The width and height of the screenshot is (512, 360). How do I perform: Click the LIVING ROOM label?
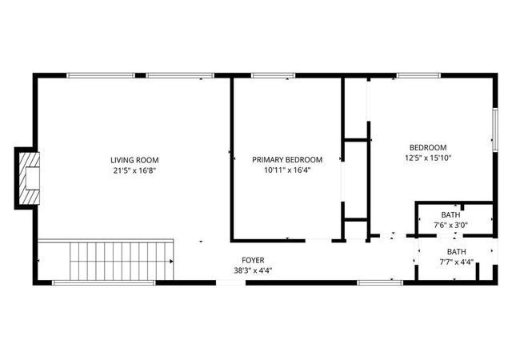pyautogui.click(x=132, y=160)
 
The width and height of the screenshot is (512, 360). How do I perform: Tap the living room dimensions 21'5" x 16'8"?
pyautogui.click(x=132, y=170)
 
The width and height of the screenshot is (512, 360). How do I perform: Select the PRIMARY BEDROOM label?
pyautogui.click(x=287, y=160)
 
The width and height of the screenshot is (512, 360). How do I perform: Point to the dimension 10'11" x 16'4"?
pyautogui.click(x=287, y=170)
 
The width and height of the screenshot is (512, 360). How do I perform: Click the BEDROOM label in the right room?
pyautogui.click(x=427, y=147)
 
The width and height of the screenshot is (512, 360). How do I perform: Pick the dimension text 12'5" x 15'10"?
pyautogui.click(x=427, y=158)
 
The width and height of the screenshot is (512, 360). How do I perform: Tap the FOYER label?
pyautogui.click(x=253, y=260)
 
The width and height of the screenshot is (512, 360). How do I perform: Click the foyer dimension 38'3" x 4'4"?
pyautogui.click(x=253, y=270)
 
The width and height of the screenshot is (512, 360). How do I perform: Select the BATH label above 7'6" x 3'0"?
pyautogui.click(x=450, y=214)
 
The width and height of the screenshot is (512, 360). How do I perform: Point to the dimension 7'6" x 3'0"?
pyautogui.click(x=450, y=225)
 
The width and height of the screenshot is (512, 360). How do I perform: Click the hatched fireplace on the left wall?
pyautogui.click(x=30, y=178)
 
